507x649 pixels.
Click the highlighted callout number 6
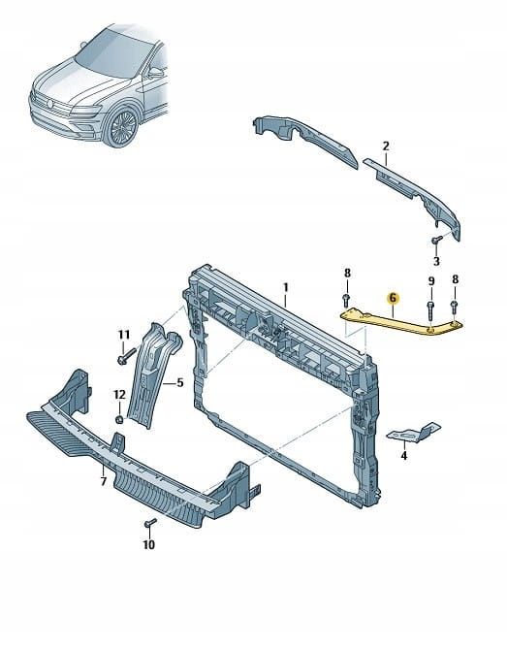393,298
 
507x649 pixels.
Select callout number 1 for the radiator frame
285,287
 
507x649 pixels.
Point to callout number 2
386,146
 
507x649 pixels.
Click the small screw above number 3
436,240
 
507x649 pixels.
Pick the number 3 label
436,262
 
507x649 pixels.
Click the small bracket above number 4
413,433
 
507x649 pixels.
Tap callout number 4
404,456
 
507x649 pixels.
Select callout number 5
180,383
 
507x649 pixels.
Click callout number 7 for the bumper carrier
103,481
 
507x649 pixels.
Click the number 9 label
431,281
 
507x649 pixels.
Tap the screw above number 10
149,523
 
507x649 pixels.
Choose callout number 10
149,544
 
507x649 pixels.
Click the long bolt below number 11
127,356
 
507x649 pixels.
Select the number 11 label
124,335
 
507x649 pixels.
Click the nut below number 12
118,419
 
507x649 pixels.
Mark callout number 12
119,395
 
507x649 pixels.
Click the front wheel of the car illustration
121,127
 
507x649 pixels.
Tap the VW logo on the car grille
50,104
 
